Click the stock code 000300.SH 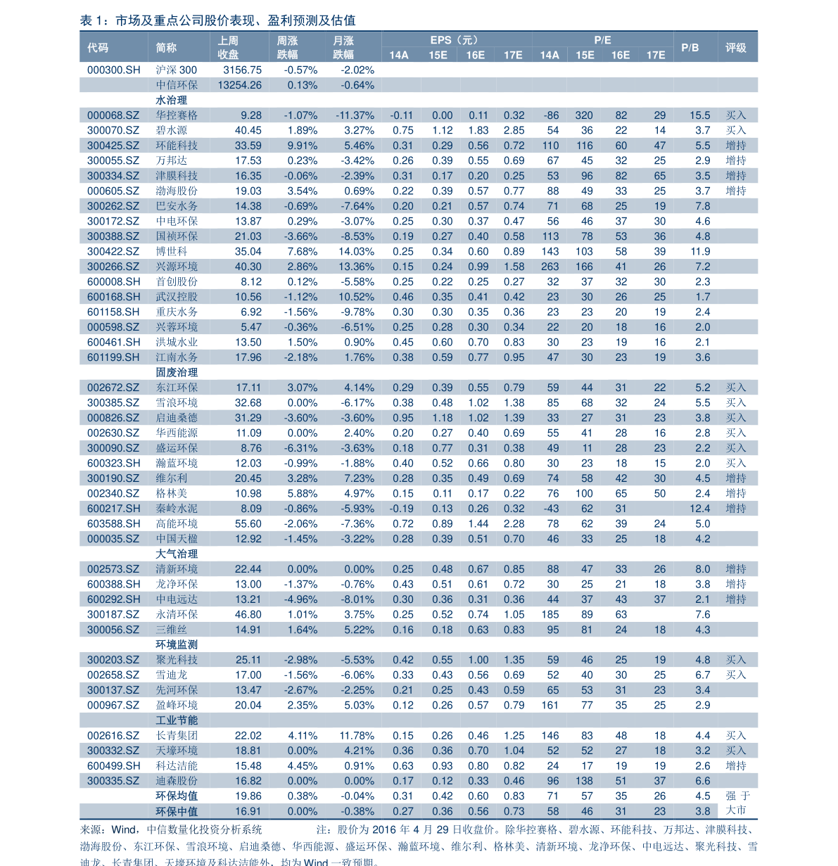coord(113,70)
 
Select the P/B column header coord(690,48)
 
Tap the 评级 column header coord(735,48)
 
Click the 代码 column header coord(98,48)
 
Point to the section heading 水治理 coord(171,101)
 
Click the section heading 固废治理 coord(177,373)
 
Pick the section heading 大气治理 coord(177,554)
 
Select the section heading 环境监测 coord(177,645)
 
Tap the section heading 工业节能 coord(177,720)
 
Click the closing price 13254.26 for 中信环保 coord(239,85)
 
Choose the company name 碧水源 coord(171,131)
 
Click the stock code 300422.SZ coord(113,252)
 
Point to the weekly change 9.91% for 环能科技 coord(302,146)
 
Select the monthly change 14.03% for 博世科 coord(356,252)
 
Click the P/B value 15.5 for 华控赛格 coord(699,115)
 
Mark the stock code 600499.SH coord(113,766)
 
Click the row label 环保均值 coord(177,796)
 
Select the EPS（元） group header coord(454,40)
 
